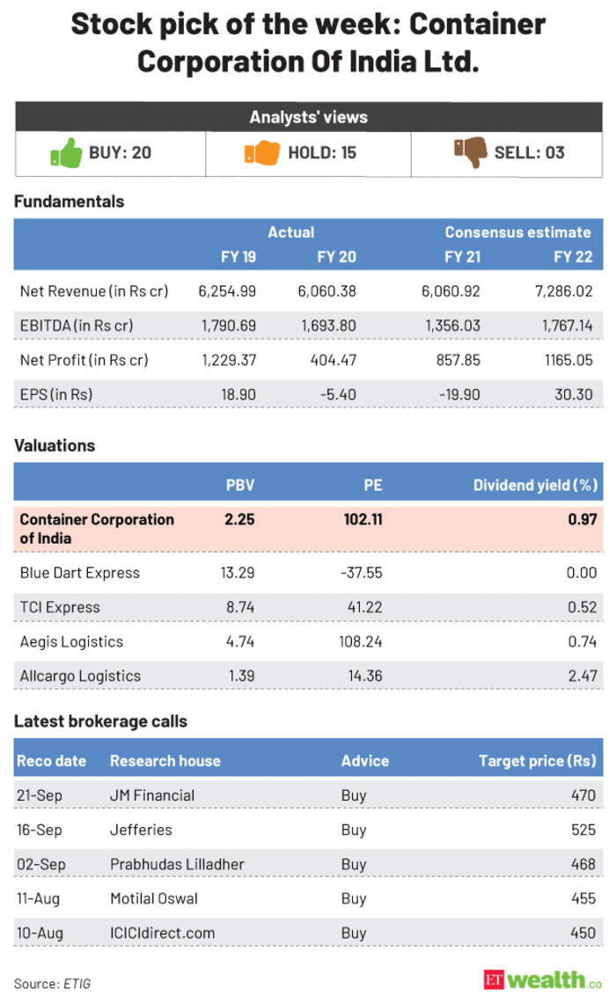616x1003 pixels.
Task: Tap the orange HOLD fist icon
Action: (260, 153)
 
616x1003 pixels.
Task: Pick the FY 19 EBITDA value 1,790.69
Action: (228, 326)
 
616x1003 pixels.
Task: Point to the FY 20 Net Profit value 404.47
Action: (335, 360)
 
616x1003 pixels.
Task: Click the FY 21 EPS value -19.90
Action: (460, 395)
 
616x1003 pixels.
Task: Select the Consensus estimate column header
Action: (517, 232)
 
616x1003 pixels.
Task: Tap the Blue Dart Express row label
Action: (79, 573)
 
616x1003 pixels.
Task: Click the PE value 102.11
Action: (362, 519)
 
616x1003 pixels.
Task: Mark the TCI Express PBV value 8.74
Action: (238, 607)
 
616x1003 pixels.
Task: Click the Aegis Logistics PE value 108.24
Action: (362, 641)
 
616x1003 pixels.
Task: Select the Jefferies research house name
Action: (141, 829)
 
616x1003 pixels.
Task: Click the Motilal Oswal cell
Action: (153, 898)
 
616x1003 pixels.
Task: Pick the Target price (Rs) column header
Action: (536, 760)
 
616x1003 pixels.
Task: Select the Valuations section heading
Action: (55, 446)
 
